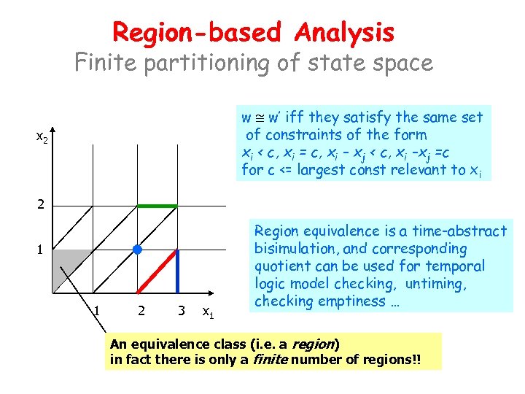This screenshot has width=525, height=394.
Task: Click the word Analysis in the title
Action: pos(345,33)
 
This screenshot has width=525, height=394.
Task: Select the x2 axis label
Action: pos(42,136)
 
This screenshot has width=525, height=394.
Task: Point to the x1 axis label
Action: pos(209,312)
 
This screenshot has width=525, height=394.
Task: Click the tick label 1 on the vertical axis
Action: pos(42,249)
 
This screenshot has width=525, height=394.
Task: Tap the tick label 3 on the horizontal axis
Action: pos(180,311)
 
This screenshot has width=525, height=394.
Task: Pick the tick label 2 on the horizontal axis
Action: pos(140,311)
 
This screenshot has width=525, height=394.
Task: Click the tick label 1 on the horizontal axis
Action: pos(97,311)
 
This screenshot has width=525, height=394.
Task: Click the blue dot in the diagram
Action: pos(136,250)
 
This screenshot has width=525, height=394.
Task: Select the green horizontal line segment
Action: pos(157,206)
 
